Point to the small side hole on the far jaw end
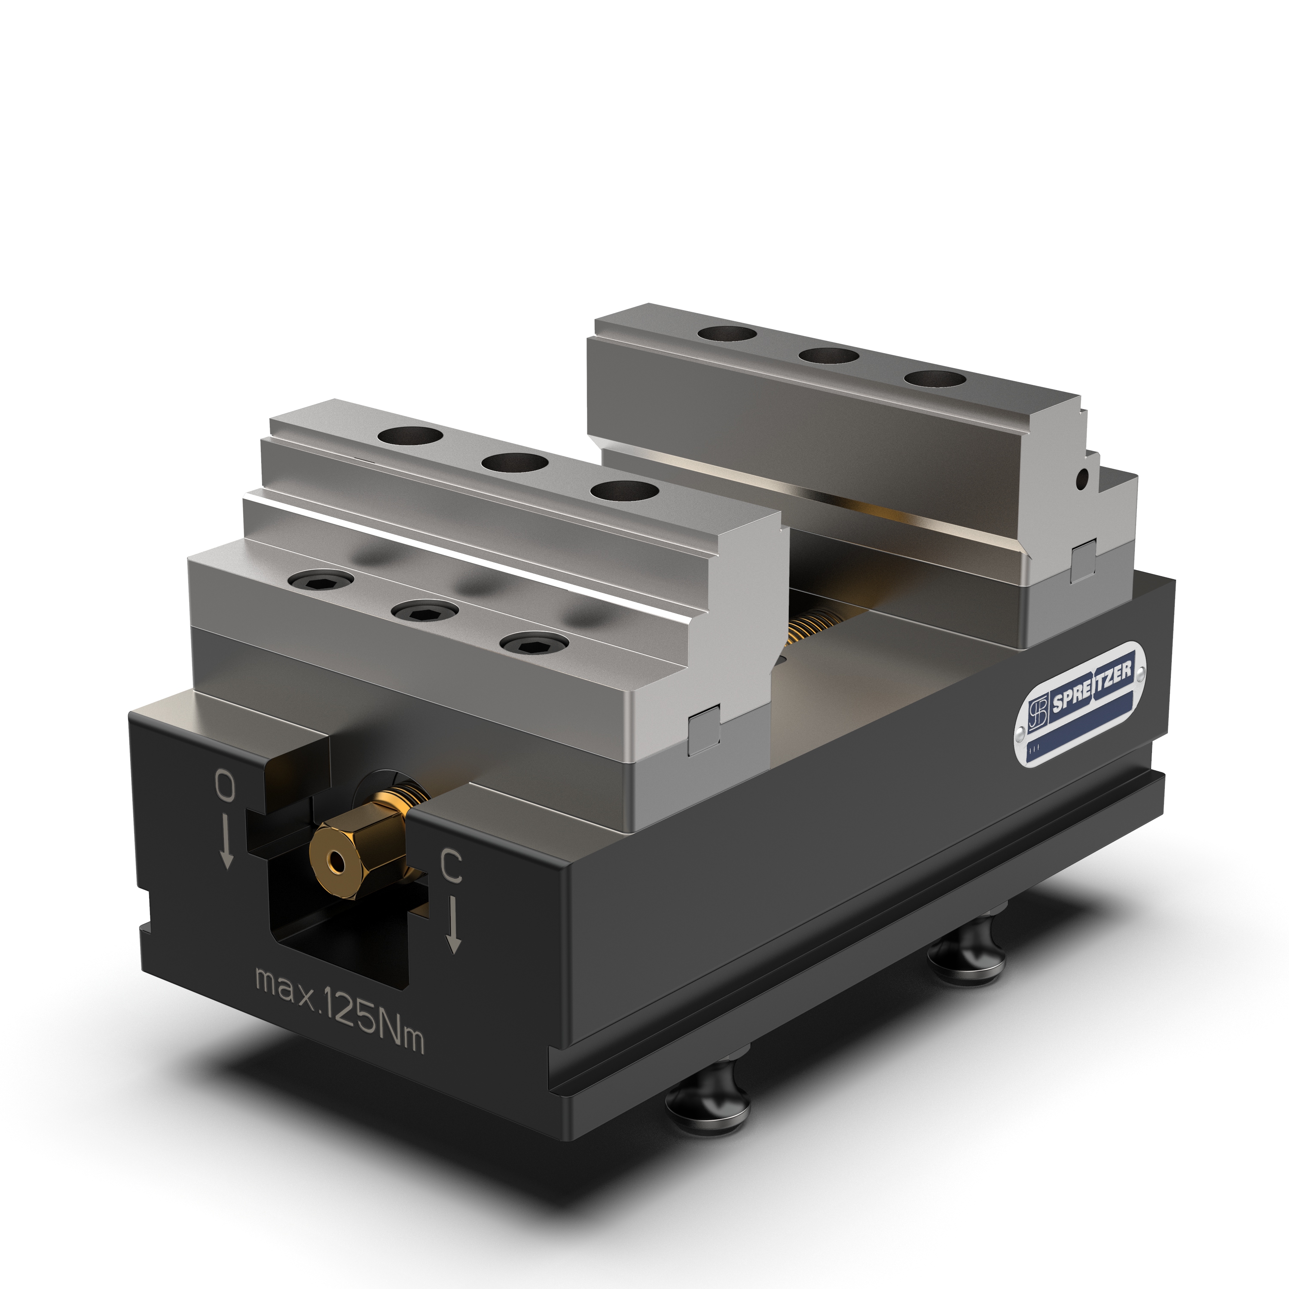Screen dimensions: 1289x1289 pyautogui.click(x=1084, y=477)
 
